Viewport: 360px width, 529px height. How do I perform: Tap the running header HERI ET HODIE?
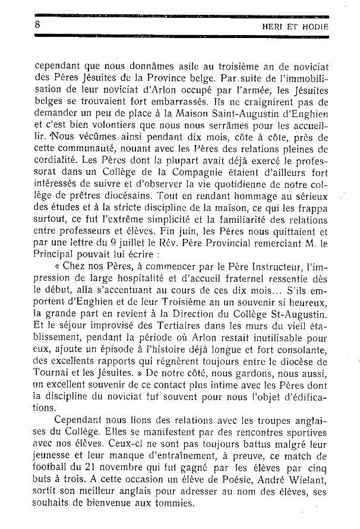(296, 26)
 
